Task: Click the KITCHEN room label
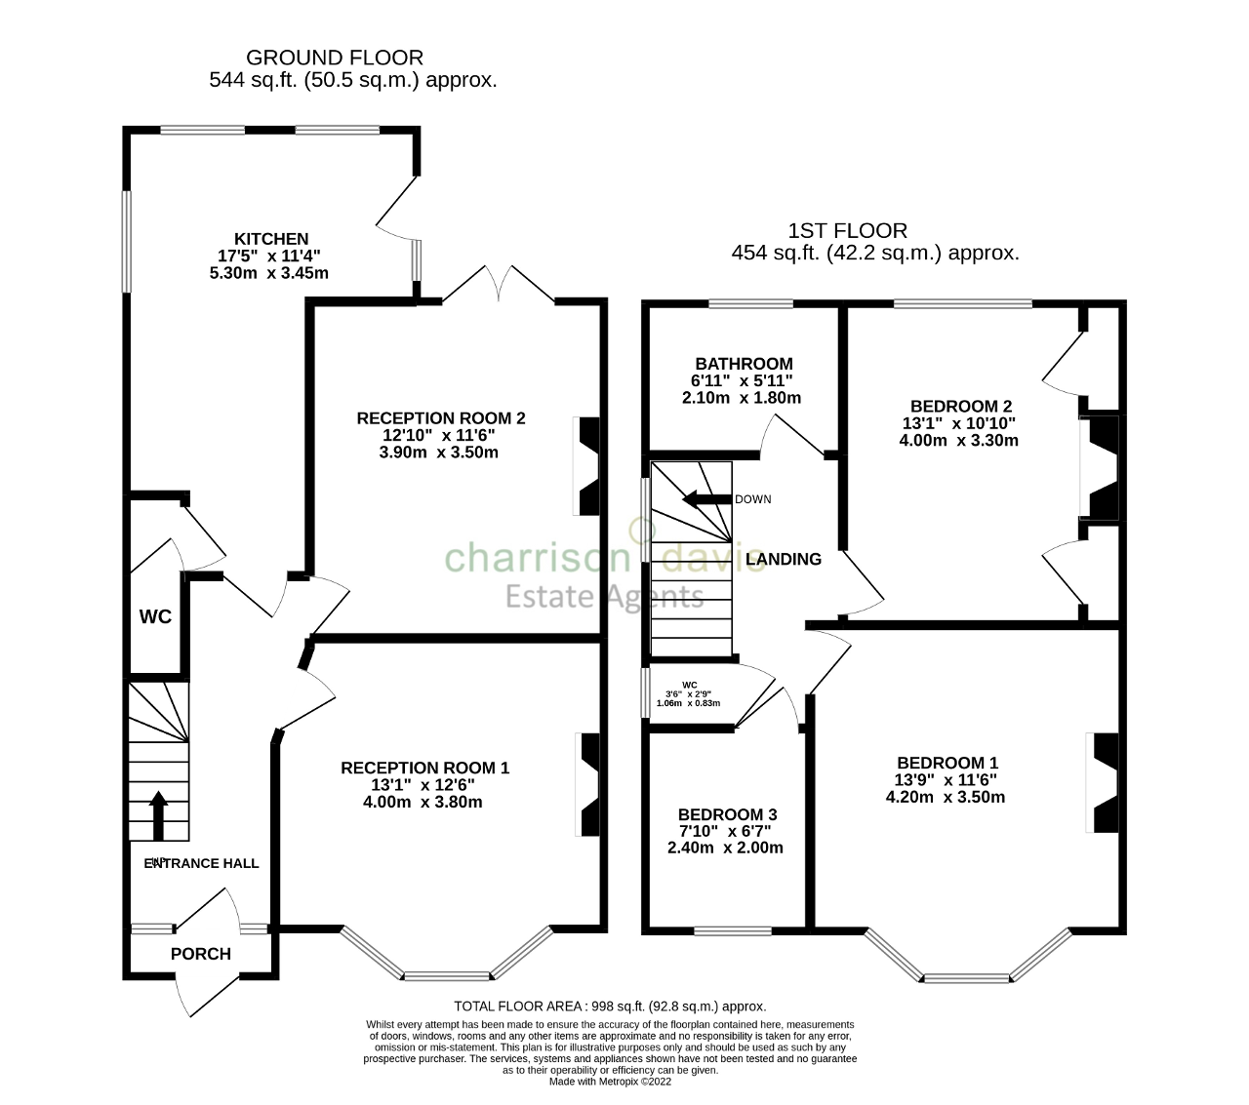[x=270, y=239]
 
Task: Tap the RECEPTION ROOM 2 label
[x=441, y=418]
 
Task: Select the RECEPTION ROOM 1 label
[x=424, y=769]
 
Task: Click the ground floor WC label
[x=155, y=616]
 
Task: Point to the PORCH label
[x=201, y=954]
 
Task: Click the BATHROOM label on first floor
[x=744, y=364]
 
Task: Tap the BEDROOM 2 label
[x=960, y=407]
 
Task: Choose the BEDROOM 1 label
[x=947, y=763]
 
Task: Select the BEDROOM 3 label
[x=727, y=814]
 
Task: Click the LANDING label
[x=783, y=559]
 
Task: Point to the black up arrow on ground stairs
[x=157, y=814]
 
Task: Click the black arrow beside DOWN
[x=705, y=499]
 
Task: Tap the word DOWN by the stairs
[x=752, y=499]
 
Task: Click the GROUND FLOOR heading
[x=335, y=58]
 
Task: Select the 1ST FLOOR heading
[x=847, y=231]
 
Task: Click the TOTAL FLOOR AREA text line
[x=610, y=1006]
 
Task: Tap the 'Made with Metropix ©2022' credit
[x=610, y=1082]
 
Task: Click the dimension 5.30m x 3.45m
[x=269, y=273]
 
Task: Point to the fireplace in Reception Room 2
[x=588, y=466]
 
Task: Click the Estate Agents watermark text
[x=604, y=596]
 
